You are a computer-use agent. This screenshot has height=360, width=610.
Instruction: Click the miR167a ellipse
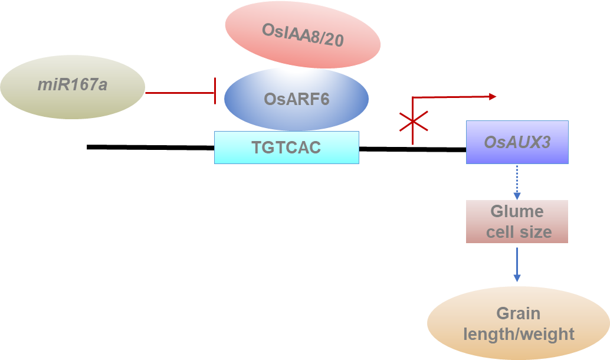[x=73, y=87]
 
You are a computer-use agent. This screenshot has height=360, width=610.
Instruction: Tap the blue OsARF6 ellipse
[x=296, y=99]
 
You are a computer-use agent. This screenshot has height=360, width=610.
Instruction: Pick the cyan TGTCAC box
[x=286, y=147]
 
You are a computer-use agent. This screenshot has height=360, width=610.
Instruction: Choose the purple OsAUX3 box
[x=517, y=142]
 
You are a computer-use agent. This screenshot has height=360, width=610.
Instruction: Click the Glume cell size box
[x=517, y=221]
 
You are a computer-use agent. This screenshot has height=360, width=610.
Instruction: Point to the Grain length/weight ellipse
[x=518, y=323]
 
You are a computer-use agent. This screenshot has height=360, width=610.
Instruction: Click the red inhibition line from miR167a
[x=180, y=93]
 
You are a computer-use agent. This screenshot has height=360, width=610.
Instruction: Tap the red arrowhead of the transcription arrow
[x=493, y=96]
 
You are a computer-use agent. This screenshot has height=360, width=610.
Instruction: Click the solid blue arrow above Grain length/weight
[x=517, y=264]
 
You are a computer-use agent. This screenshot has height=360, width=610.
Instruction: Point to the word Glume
[x=517, y=212]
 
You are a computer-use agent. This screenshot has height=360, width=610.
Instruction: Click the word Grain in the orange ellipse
[x=518, y=313]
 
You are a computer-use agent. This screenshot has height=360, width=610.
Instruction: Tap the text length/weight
[x=519, y=334]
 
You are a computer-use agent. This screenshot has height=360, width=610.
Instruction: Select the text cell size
[x=519, y=232]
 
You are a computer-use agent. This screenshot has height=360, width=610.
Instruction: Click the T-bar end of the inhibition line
[x=215, y=93]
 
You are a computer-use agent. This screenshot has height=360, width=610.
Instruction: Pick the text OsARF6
[x=296, y=99]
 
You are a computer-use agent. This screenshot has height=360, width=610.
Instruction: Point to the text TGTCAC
[x=286, y=147]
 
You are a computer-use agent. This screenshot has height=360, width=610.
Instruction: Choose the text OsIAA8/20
[x=303, y=38]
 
